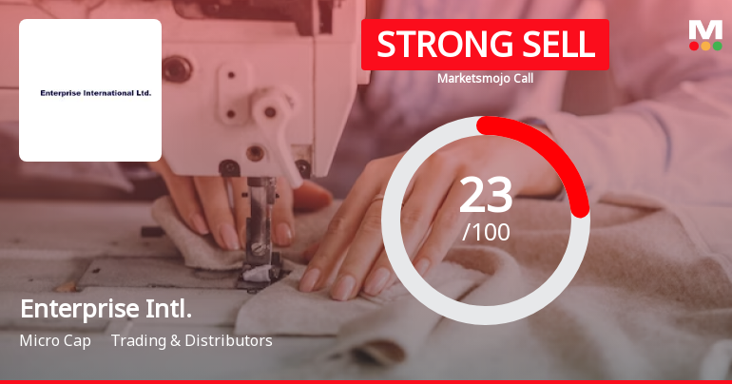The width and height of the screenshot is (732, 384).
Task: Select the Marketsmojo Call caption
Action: (485, 79)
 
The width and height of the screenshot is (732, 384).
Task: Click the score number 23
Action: (486, 195)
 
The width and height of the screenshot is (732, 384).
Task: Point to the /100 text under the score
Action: (486, 231)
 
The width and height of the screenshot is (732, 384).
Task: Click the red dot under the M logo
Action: (694, 46)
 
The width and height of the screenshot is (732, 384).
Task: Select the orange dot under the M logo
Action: (705, 46)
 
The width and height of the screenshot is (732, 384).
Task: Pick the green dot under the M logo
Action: (717, 46)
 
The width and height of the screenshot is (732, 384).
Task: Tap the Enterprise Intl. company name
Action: (106, 309)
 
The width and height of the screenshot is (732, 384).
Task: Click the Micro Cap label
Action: (55, 340)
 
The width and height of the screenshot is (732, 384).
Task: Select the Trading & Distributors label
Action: (192, 340)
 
